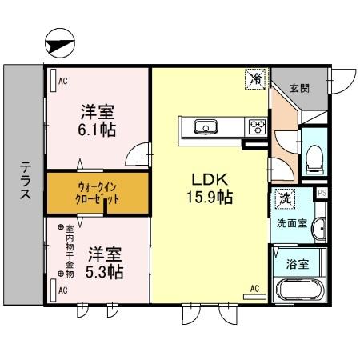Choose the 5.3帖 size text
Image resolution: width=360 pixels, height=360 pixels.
105,272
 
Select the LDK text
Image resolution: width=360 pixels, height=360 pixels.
206,178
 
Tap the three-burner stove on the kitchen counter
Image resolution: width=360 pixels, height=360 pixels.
257,126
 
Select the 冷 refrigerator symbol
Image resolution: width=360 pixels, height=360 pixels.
254,79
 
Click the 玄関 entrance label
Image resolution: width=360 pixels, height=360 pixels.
299,88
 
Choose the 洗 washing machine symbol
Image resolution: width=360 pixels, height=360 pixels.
284,197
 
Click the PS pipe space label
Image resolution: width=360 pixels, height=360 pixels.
322,193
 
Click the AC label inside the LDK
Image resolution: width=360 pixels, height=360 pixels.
255,287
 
